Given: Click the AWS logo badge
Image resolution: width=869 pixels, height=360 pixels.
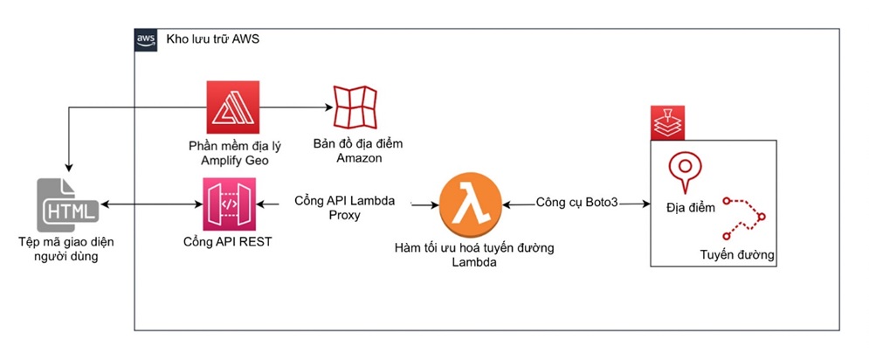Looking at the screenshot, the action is tap(145, 40).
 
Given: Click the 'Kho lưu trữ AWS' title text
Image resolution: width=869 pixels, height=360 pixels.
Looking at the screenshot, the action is tap(213, 40).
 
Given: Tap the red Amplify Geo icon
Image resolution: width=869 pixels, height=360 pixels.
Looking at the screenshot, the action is tap(233, 107).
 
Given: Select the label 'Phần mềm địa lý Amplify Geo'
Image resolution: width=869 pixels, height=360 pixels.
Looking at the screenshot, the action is tap(233, 154).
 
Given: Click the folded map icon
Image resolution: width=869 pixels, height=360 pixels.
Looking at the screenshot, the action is tap(355, 107).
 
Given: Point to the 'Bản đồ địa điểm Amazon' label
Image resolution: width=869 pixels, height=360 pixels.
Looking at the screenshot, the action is tap(358, 151).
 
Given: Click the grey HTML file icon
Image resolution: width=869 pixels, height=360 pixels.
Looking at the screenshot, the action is tap(67, 204).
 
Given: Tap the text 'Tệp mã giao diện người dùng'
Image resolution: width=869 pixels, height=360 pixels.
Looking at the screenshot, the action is tap(69, 249).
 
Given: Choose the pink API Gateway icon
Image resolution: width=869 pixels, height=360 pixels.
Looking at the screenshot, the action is tap(230, 204).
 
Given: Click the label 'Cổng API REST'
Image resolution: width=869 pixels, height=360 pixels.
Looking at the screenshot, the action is tap(228, 242).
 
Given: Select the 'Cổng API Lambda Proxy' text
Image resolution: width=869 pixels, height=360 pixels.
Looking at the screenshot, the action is tap(345, 207).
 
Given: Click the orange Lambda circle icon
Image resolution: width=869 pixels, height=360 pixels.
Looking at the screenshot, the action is tap(471, 204).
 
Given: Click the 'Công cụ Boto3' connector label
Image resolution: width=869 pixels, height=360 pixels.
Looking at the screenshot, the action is tap(576, 203).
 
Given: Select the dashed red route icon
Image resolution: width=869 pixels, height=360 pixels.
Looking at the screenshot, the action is tap(745, 217).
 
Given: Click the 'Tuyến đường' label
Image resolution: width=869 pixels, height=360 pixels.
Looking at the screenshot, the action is tap(736, 255).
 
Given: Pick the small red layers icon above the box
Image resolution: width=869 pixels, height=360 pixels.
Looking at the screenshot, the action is tap(668, 122).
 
